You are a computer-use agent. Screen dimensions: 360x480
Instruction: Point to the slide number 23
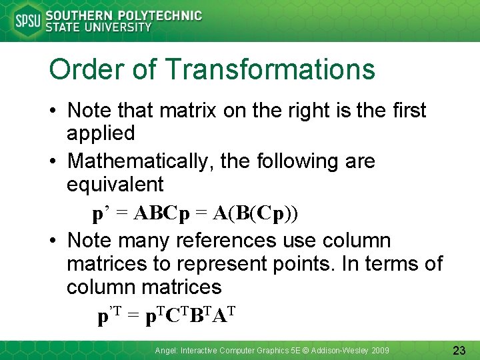click(x=459, y=350)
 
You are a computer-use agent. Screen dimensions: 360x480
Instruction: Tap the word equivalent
click(x=115, y=185)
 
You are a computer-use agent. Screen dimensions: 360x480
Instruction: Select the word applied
click(x=101, y=133)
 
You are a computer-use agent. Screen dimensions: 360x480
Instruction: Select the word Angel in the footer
click(x=164, y=350)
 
